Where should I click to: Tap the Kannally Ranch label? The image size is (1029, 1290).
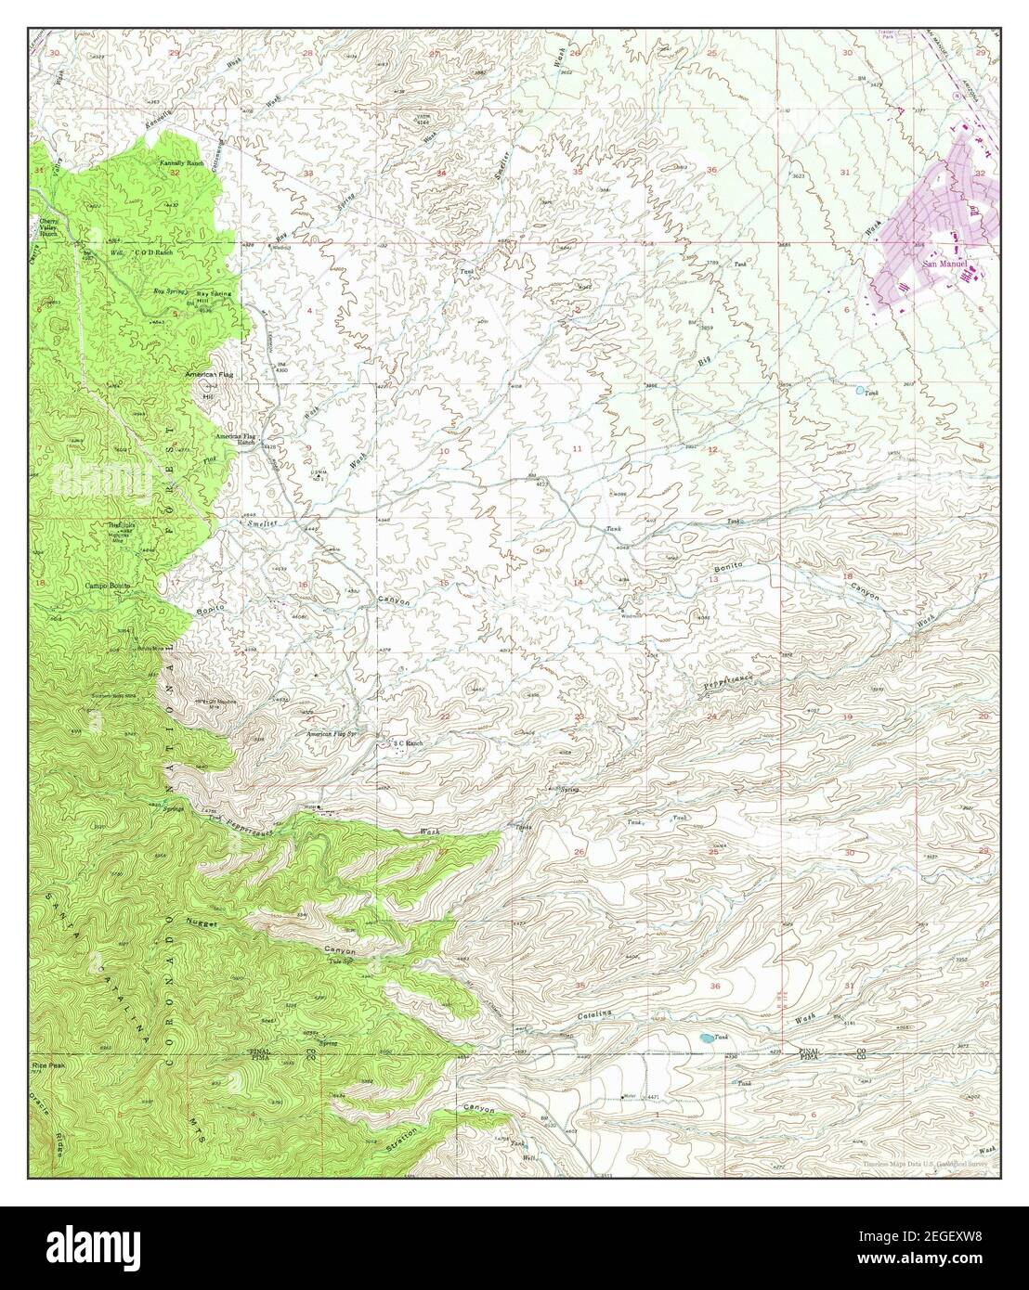point(181,163)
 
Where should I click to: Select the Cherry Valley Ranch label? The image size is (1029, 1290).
point(48,227)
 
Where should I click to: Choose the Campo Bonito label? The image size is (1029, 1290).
point(108,586)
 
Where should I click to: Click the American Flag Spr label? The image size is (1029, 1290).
point(332,733)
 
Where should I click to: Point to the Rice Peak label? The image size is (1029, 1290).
point(46,1065)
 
